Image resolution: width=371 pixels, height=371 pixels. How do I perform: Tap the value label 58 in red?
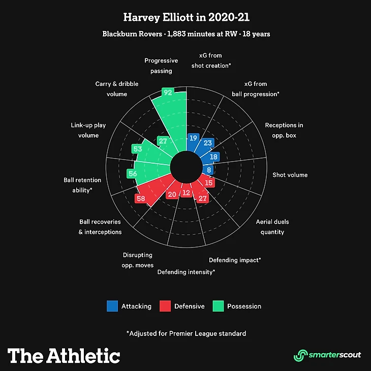click(x=141, y=199)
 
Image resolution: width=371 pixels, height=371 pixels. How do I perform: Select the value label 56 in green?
click(x=133, y=174)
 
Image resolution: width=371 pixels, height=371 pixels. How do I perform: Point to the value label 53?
click(x=137, y=149)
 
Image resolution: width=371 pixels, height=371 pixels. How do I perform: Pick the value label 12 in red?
click(x=186, y=193)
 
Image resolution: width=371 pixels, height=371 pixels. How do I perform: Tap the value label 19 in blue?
click(x=193, y=138)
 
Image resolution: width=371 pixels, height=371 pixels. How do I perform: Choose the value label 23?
click(x=207, y=143)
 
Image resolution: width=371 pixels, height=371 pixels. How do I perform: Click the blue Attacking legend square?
click(x=112, y=306)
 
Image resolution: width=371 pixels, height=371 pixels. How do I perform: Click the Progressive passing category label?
click(x=161, y=66)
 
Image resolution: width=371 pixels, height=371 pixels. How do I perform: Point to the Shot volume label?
click(x=290, y=175)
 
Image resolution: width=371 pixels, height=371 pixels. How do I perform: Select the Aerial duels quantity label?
click(x=272, y=227)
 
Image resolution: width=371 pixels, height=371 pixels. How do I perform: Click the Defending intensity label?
click(x=186, y=272)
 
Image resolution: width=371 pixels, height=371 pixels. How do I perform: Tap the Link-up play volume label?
click(x=85, y=130)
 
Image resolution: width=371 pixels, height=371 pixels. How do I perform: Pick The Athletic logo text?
click(x=64, y=355)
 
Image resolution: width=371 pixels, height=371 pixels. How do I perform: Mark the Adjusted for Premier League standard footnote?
click(x=186, y=333)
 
